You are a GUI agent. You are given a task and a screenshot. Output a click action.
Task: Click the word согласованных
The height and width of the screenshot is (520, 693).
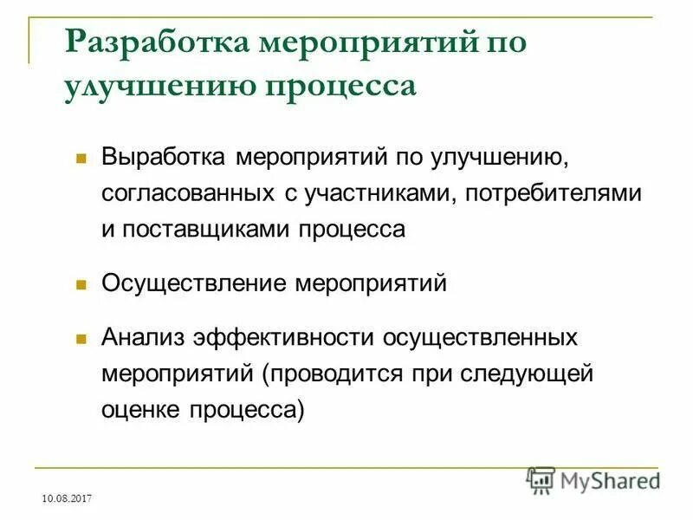coord(188,194)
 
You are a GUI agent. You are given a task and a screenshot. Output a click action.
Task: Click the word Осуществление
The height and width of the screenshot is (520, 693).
coord(194,283)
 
